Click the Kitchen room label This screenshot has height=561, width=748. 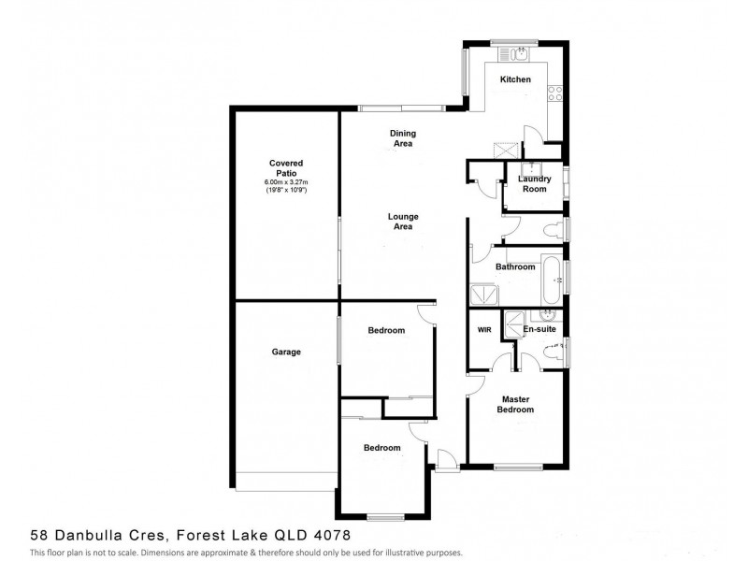point(515,79)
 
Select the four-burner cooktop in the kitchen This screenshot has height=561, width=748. point(554,92)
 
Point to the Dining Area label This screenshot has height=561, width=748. point(402,138)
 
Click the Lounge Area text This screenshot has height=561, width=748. point(403,222)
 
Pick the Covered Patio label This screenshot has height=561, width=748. point(285,167)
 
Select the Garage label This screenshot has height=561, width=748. point(285,352)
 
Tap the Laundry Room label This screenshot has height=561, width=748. point(534,183)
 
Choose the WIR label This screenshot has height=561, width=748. point(484,330)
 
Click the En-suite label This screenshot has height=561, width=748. point(539,330)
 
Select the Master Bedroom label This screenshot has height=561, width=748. point(515,404)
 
